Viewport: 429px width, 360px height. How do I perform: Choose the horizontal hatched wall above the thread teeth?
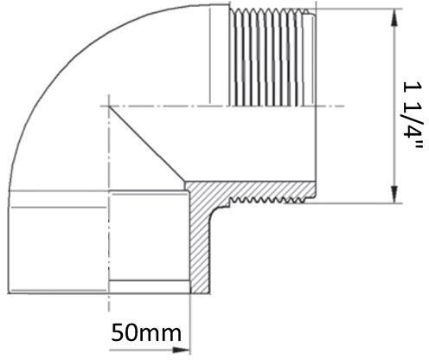pyautogui.click(x=259, y=189)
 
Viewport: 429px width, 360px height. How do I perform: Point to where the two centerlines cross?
pyautogui.click(x=109, y=106)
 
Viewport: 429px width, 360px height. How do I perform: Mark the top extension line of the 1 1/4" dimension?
pyautogui.click(x=363, y=9)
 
